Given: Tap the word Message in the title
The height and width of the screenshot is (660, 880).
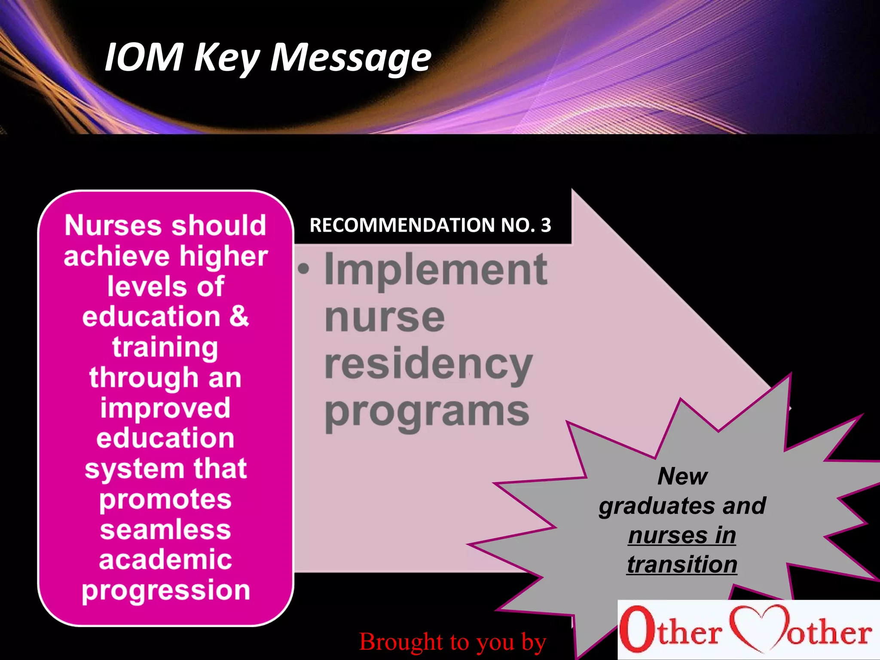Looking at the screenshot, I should (350, 58).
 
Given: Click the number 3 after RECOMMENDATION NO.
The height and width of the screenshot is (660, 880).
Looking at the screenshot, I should (546, 225).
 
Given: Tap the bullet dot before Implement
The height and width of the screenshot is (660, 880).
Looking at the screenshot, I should (304, 269).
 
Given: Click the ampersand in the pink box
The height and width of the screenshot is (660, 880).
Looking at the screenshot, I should (239, 316).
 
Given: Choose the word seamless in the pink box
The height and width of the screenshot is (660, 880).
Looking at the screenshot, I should (165, 529).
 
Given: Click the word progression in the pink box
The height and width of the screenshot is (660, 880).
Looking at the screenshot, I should (166, 590).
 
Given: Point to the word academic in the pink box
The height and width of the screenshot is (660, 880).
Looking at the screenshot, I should (165, 559).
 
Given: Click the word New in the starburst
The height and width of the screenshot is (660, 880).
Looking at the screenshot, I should (682, 476).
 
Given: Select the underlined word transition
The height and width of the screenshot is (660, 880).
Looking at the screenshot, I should (682, 564).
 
